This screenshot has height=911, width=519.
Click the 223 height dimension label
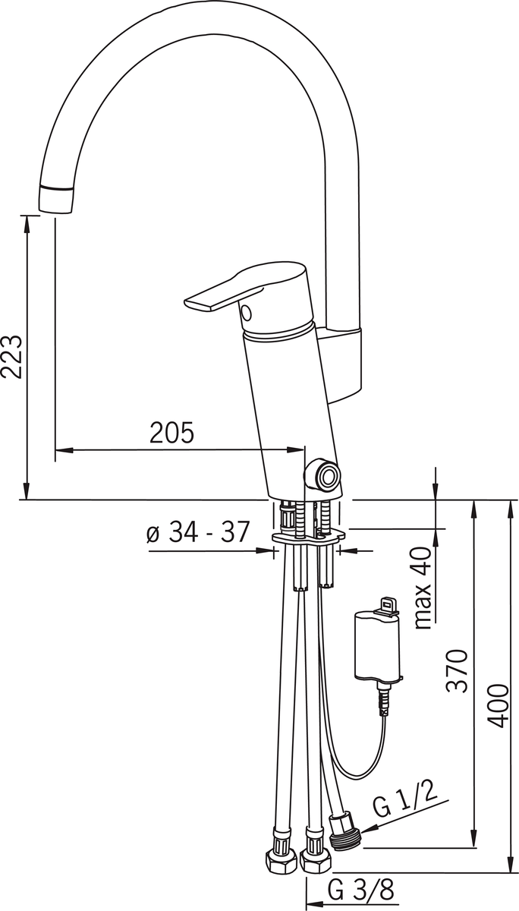tap(11, 357)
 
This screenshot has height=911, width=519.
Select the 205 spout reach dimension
tap(172, 432)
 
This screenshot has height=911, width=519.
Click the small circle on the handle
tap(247, 312)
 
